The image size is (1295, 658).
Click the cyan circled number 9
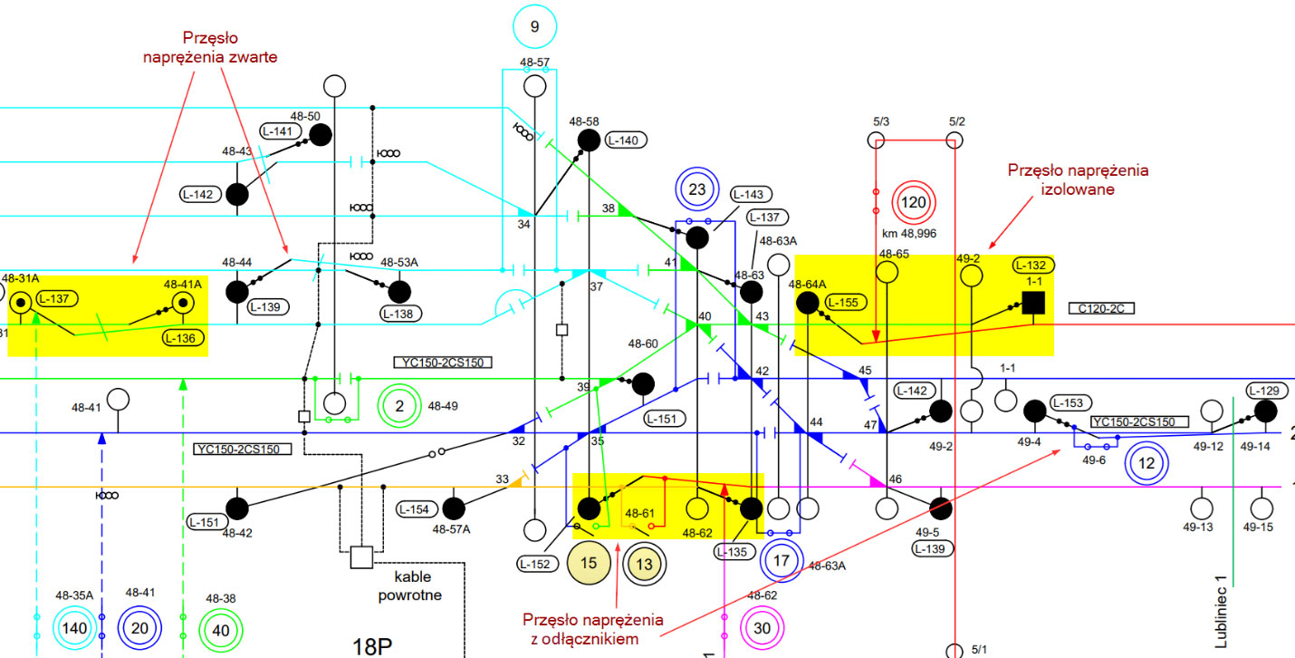tap(535, 26)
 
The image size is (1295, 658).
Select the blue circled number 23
tap(697, 189)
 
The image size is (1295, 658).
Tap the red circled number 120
tap(914, 202)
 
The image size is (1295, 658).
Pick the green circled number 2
tap(399, 406)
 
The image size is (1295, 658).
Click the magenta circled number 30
tap(762, 628)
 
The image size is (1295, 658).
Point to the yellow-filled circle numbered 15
tap(589, 563)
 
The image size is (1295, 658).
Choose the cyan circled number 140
tap(74, 628)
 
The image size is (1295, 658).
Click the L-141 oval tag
tap(278, 131)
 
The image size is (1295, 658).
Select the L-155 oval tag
tap(845, 302)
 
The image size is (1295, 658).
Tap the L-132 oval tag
tap(1033, 266)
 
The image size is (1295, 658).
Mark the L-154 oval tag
tap(415, 509)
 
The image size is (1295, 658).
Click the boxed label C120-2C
tap(1101, 308)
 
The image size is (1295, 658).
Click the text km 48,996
tap(909, 234)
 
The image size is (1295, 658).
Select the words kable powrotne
tap(410, 585)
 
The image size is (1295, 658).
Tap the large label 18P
tap(372, 646)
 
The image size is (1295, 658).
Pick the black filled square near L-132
tap(1033, 303)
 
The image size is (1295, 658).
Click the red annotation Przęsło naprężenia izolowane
tap(1078, 180)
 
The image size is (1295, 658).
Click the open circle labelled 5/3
tap(876, 140)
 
